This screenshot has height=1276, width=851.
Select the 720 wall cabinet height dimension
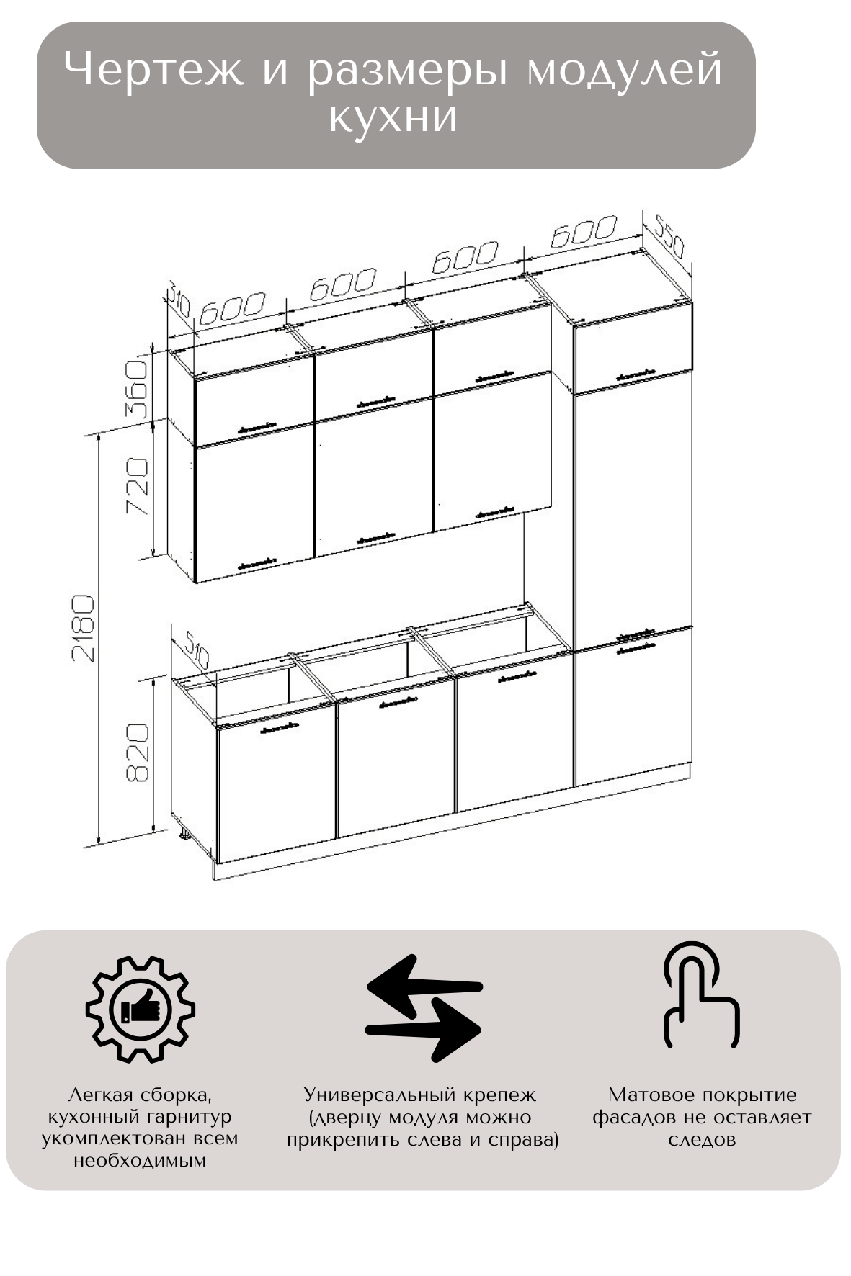137,486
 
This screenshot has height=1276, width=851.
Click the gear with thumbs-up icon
141,1009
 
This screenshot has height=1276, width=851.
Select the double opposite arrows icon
424,1008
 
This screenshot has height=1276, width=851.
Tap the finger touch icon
701,994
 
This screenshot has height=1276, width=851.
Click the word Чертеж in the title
154,71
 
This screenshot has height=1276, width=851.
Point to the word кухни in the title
393,117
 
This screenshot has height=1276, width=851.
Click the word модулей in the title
624,71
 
